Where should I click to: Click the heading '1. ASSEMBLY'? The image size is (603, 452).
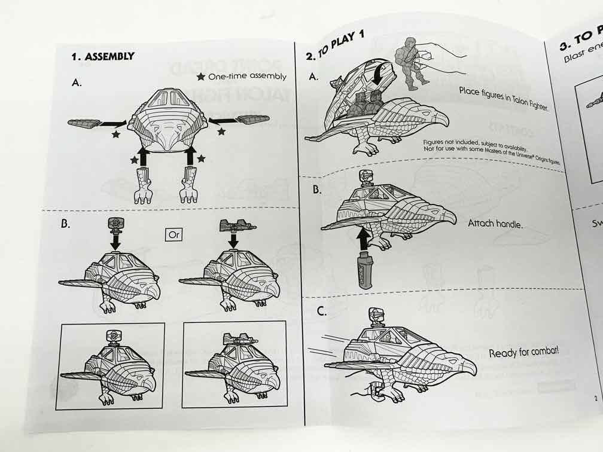click(x=102, y=57)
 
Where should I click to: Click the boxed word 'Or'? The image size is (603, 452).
click(x=174, y=234)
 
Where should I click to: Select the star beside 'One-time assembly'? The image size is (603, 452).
click(x=200, y=77)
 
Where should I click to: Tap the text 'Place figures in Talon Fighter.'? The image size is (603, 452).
click(x=503, y=99)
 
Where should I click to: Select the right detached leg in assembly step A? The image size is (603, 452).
click(x=190, y=185)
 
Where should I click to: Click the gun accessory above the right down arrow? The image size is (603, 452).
click(x=234, y=226)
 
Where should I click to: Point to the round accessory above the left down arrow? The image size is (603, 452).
click(x=115, y=224)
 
